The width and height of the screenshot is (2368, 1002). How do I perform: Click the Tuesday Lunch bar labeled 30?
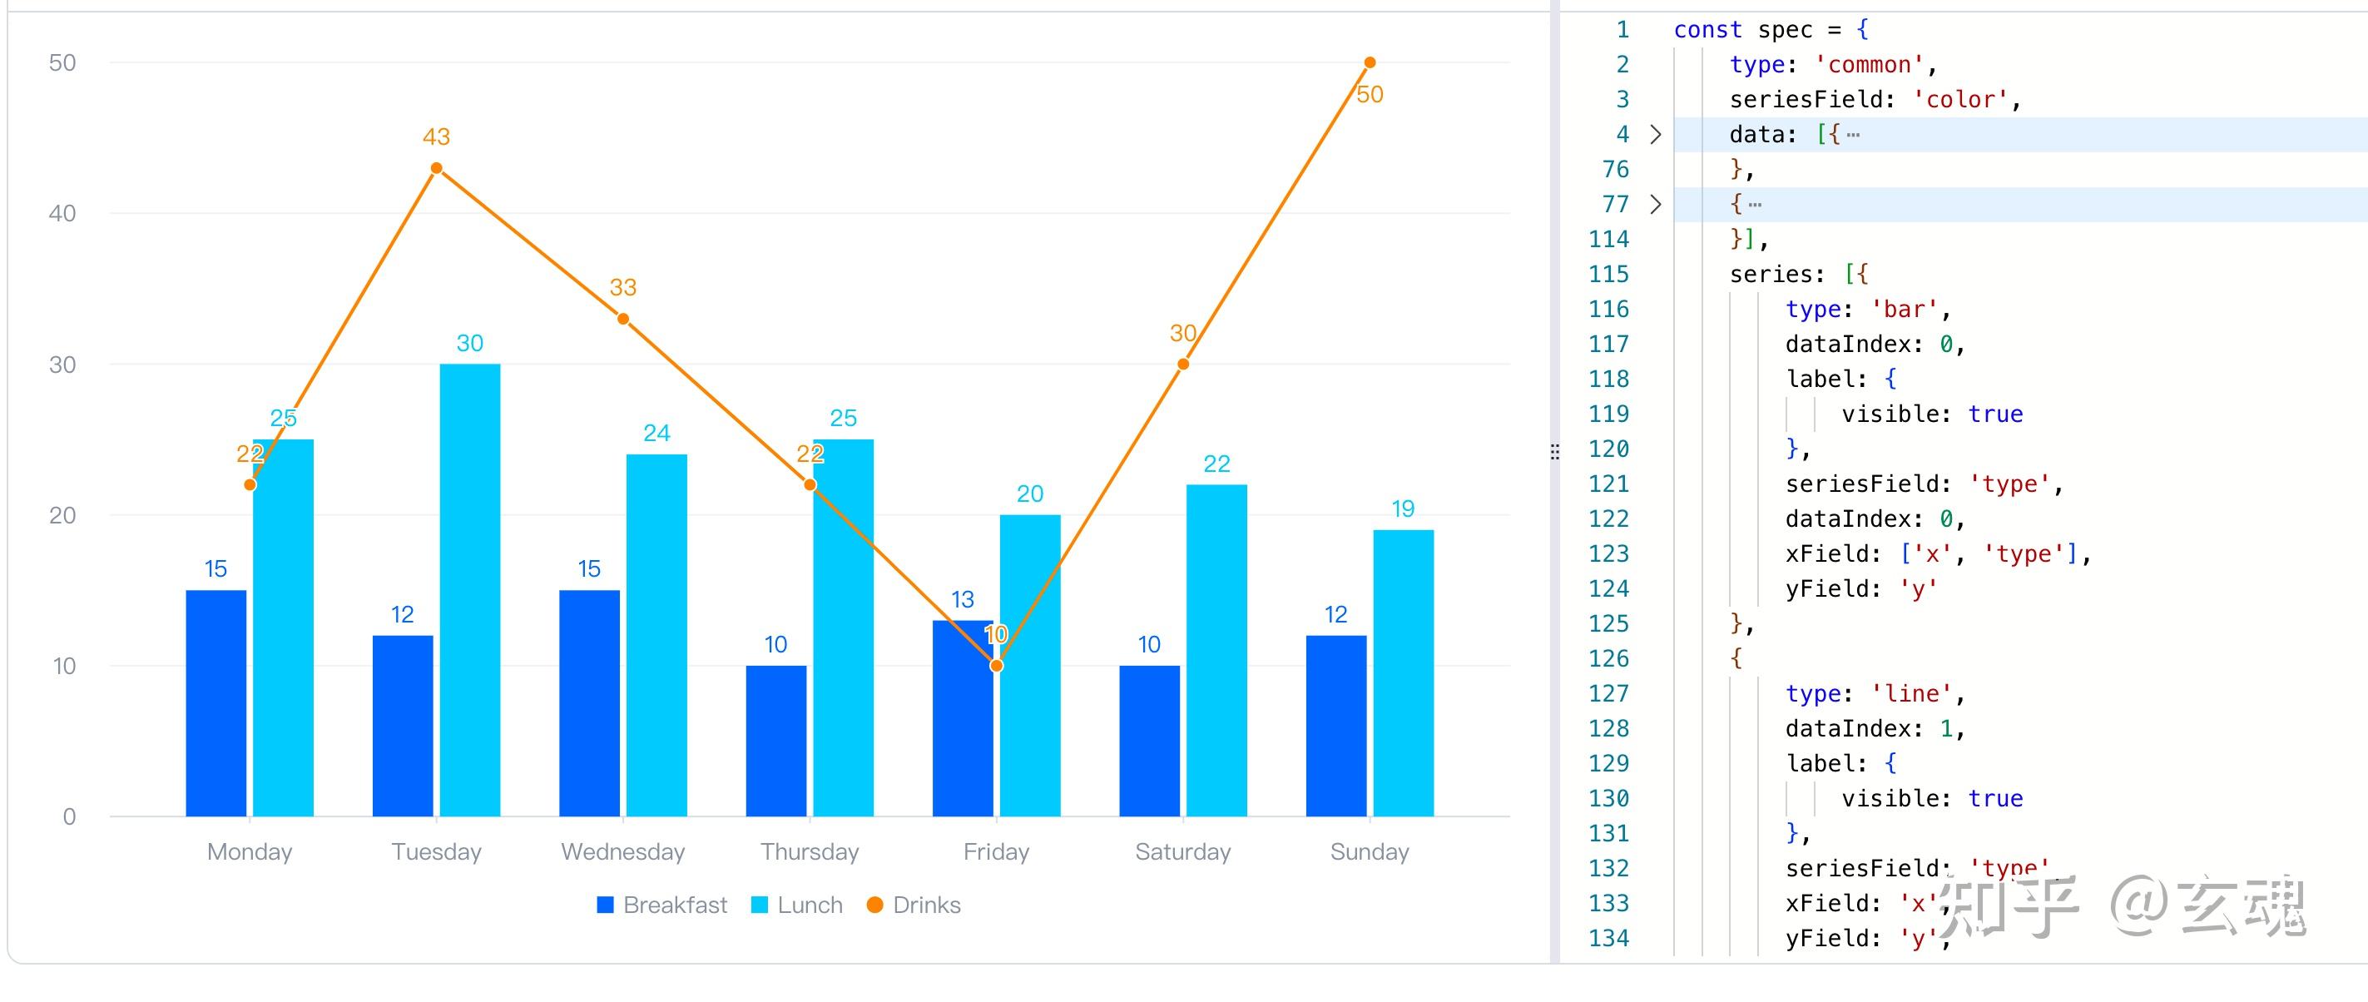[x=470, y=588]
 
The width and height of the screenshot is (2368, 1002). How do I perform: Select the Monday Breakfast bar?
[x=216, y=702]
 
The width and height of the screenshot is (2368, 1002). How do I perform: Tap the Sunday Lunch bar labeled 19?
[x=1403, y=672]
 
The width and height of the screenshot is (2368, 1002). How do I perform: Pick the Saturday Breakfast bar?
[x=1149, y=740]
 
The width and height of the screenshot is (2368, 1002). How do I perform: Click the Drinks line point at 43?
[x=437, y=168]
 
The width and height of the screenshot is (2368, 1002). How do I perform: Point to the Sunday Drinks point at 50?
[x=1370, y=62]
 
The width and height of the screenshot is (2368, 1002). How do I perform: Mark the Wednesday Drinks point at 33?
[x=623, y=319]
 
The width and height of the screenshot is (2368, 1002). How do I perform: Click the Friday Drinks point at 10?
[x=997, y=666]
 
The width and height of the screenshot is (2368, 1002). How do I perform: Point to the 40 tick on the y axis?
[x=62, y=213]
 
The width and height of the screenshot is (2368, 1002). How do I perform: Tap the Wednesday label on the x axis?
[x=623, y=852]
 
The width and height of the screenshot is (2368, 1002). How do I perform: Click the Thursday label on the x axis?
[x=810, y=852]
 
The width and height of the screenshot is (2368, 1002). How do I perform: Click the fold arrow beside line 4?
[x=1656, y=134]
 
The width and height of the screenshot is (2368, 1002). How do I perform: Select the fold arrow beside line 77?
[x=1656, y=204]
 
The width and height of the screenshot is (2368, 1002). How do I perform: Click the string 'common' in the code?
[x=1870, y=64]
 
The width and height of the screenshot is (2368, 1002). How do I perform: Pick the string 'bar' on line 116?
[x=1905, y=309]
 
